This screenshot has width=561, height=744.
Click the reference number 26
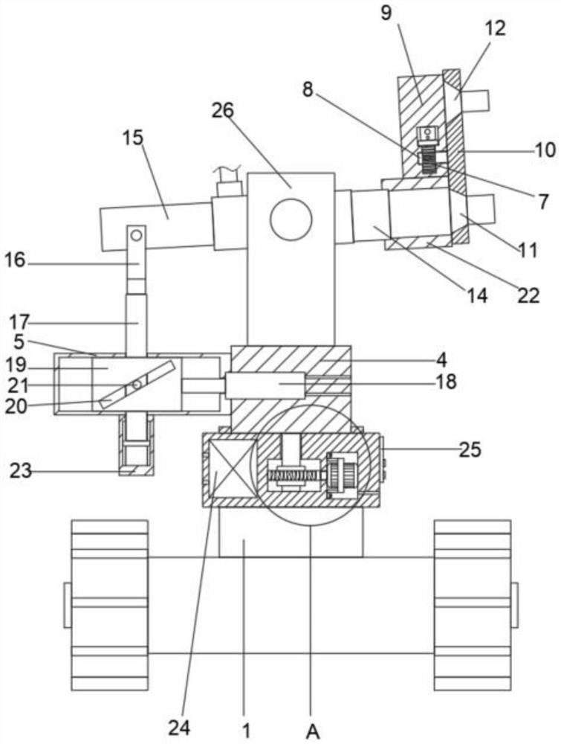coord(223,111)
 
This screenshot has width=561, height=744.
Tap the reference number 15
coord(133,138)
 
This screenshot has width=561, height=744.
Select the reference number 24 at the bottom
coord(179,728)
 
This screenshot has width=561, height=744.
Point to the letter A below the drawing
coord(313,731)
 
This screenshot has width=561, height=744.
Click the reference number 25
coord(470,449)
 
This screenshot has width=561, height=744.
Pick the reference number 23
coord(21,471)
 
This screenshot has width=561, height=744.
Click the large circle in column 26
coord(291,219)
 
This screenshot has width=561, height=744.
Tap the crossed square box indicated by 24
coord(232,469)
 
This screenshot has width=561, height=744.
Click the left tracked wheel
coord(109,605)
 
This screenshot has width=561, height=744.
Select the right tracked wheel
coord(473,605)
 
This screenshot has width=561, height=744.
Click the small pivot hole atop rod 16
coord(137,234)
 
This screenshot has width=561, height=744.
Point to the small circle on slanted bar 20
coord(137,385)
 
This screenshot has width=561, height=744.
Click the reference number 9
coord(386,13)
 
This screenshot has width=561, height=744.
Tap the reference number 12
coord(495,28)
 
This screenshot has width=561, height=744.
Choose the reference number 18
coord(446,381)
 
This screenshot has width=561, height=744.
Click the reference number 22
coord(528,295)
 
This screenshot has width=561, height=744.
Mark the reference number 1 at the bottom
coord(247,731)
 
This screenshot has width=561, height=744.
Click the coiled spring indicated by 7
coord(428,159)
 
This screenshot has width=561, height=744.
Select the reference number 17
coord(20,323)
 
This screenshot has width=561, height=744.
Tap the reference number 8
coord(308,89)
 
